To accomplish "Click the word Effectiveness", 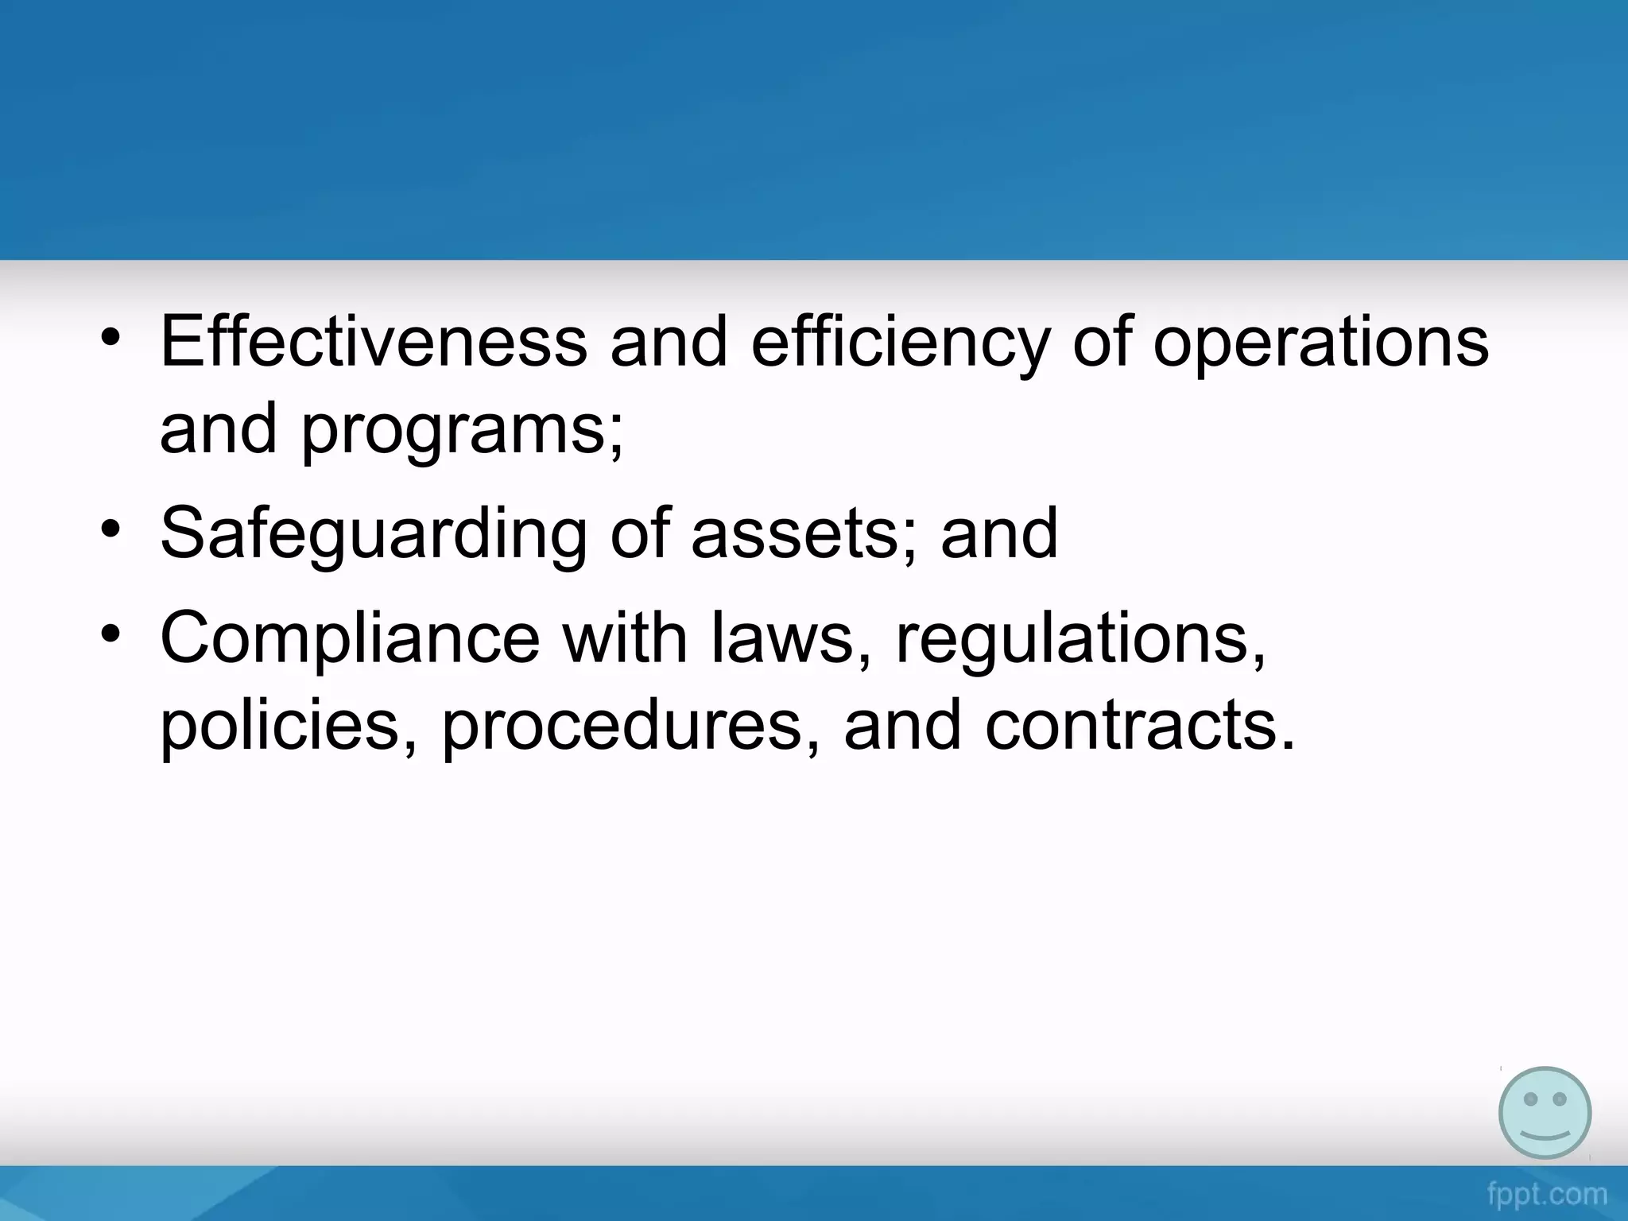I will coord(373,342).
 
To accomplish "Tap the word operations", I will coord(1320,343).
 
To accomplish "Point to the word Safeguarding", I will coord(373,534).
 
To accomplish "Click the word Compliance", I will coord(350,638).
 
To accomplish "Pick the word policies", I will coord(278,725).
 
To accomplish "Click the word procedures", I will coord(620,725).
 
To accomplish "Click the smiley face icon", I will coord(1545,1113).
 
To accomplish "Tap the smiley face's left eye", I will coord(1529,1099).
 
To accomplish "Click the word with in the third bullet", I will coord(625,638).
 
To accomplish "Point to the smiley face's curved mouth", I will coord(1545,1132).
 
